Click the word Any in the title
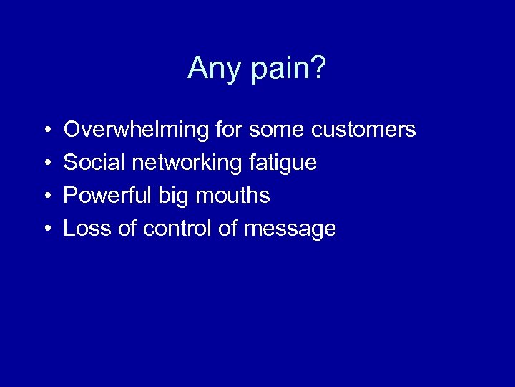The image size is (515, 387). coord(212,69)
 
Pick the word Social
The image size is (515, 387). coord(94,163)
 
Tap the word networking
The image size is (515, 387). coord(188,163)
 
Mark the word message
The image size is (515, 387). coord(290,229)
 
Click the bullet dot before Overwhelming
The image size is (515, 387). coord(46,130)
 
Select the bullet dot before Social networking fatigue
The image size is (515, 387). coord(46,163)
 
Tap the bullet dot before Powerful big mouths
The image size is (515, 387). coord(46,196)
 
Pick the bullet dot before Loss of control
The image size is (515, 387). coord(46,229)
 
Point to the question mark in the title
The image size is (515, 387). coord(319,69)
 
